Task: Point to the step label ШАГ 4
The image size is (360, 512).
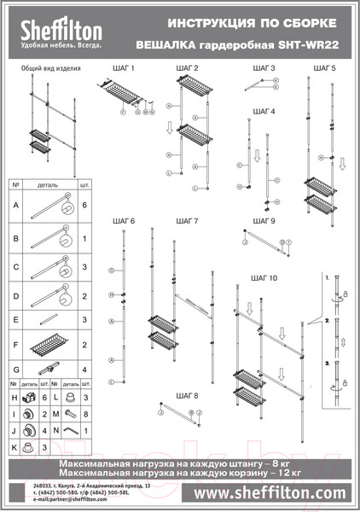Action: pos(265,111)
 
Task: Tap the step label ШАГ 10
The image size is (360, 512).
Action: pos(263,278)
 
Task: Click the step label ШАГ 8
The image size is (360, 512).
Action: pos(189,396)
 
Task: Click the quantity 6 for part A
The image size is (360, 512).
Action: pos(84,206)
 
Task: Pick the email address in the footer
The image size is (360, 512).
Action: pos(56,499)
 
